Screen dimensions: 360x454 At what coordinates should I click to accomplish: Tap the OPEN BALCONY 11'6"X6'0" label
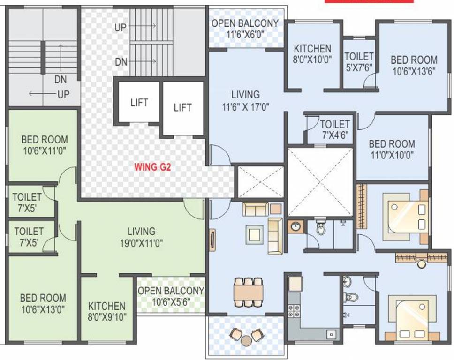245,28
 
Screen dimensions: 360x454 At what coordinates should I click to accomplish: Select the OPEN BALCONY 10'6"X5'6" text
171,296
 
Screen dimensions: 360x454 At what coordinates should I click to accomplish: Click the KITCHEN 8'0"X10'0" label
312,53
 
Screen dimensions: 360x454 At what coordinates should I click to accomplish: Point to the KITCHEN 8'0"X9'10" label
107,311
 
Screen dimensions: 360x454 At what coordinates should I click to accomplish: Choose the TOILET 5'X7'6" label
359,61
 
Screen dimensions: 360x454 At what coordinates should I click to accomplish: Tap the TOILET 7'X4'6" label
335,129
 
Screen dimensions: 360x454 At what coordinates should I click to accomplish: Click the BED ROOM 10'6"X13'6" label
414,65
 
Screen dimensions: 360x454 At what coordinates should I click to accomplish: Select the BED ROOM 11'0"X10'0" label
392,150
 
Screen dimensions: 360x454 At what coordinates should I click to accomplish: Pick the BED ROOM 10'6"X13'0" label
43,303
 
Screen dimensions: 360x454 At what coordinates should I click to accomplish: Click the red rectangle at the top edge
369,1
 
